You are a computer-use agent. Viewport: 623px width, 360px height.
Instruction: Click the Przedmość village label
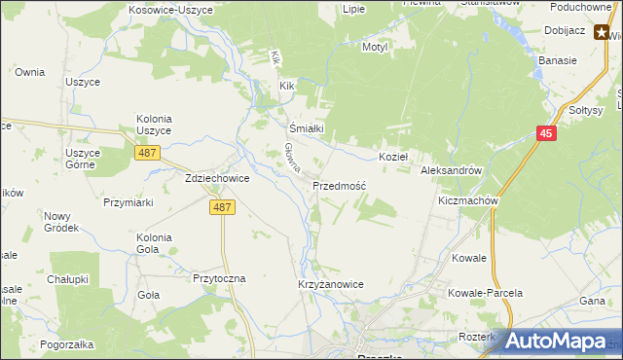click(339, 185)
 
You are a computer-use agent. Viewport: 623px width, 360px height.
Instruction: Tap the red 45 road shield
click(546, 134)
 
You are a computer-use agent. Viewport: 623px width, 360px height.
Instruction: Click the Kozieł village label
click(393, 157)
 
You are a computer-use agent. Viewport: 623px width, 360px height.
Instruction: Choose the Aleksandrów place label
click(452, 170)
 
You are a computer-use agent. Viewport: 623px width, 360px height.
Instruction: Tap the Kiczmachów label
click(468, 200)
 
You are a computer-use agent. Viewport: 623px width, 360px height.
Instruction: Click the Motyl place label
click(375, 47)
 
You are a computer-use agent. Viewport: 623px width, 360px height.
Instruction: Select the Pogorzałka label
click(67, 344)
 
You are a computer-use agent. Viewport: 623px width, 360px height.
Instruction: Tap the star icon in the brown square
click(603, 32)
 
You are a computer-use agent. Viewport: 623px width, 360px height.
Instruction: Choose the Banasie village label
click(558, 60)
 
